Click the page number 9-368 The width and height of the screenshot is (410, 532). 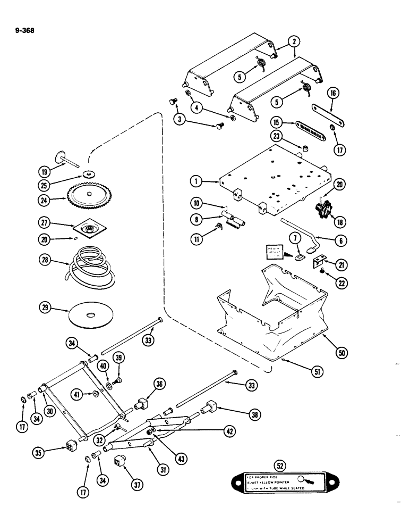click(22, 30)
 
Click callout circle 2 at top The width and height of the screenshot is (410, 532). click(294, 40)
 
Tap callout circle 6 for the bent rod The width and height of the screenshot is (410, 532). click(342, 240)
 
